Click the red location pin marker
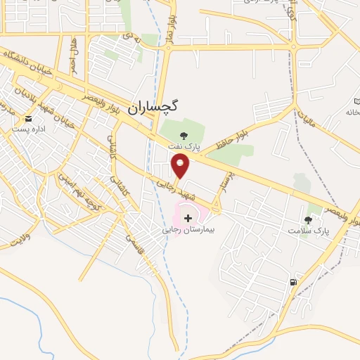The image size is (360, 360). pyautogui.click(x=181, y=167)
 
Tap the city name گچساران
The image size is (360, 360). pyautogui.click(x=154, y=107)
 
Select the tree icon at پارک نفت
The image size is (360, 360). pyautogui.click(x=184, y=136)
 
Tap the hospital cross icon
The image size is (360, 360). pyautogui.click(x=188, y=218)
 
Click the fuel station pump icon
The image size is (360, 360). pyautogui.click(x=292, y=283)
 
